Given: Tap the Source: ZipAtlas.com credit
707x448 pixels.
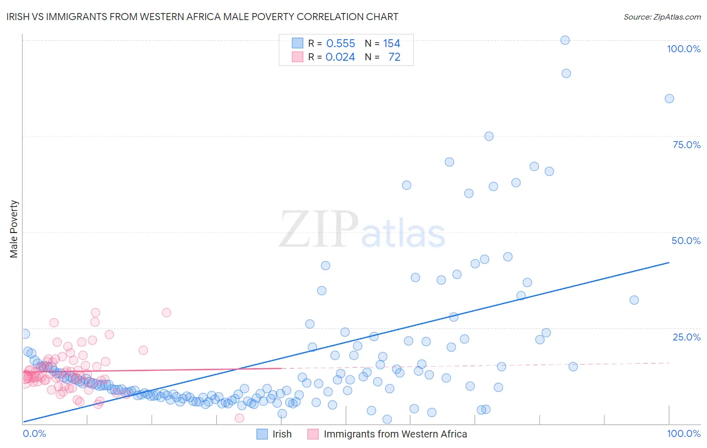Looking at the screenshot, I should [x=662, y=17].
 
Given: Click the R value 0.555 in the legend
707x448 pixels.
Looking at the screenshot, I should [x=340, y=44].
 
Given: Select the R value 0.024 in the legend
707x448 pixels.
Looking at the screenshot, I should [x=340, y=57].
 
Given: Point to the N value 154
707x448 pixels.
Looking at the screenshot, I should [x=391, y=44].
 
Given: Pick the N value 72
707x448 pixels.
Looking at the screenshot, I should [x=394, y=57].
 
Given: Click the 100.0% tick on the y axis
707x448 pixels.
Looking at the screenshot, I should [x=683, y=49].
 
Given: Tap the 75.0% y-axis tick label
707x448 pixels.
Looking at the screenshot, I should [x=686, y=145].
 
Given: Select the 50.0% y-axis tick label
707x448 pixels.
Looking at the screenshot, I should [x=686, y=241].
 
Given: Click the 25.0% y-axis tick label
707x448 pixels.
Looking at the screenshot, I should [x=686, y=337].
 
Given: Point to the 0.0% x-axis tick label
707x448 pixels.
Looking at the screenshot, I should [x=34, y=433].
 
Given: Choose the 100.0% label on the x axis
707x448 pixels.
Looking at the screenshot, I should [x=683, y=433].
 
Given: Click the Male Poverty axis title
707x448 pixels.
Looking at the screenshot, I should [x=14, y=229].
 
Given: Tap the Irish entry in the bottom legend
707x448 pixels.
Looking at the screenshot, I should [x=282, y=434].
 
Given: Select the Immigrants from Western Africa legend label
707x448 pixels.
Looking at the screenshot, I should [x=395, y=434].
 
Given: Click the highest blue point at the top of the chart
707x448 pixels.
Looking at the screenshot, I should [x=565, y=40].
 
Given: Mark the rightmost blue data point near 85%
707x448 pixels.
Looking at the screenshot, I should [x=669, y=98].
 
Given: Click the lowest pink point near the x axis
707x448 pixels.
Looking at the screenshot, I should [x=239, y=418].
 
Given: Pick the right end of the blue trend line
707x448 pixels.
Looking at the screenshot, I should [x=669, y=262].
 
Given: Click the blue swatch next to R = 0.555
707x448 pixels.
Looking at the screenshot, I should [x=298, y=44].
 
